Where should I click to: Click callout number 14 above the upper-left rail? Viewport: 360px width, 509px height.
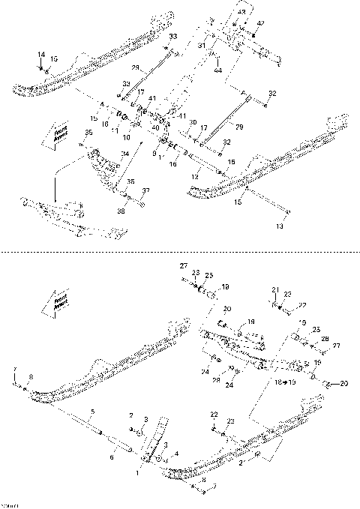click(41, 55)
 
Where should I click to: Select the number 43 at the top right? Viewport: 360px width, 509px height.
click(241, 14)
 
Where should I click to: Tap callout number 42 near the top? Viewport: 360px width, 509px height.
click(260, 24)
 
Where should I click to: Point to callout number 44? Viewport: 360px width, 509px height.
click(218, 70)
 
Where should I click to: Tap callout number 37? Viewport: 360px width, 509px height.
click(147, 190)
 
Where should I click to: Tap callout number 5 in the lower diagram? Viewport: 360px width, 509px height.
click(92, 412)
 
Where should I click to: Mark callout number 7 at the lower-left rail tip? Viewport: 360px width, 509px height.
click(14, 368)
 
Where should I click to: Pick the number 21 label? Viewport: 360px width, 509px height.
click(275, 289)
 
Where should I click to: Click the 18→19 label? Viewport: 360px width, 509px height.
click(286, 382)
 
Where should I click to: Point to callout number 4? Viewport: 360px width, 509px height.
click(175, 454)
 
